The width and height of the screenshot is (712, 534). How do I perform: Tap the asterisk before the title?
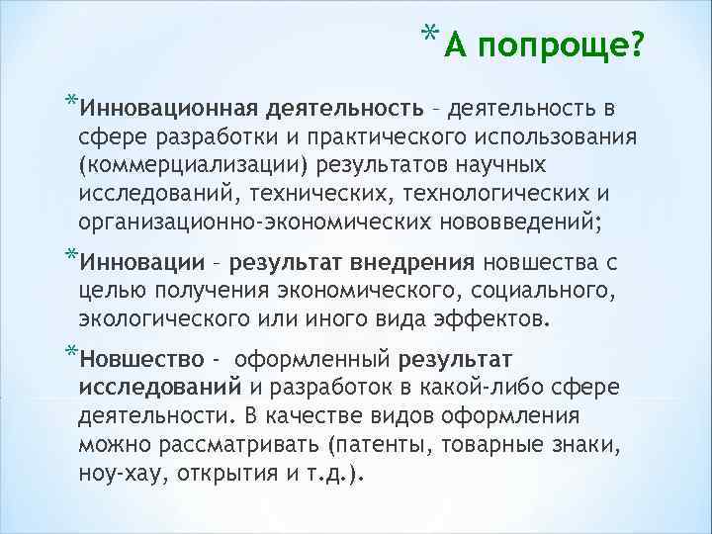428,36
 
